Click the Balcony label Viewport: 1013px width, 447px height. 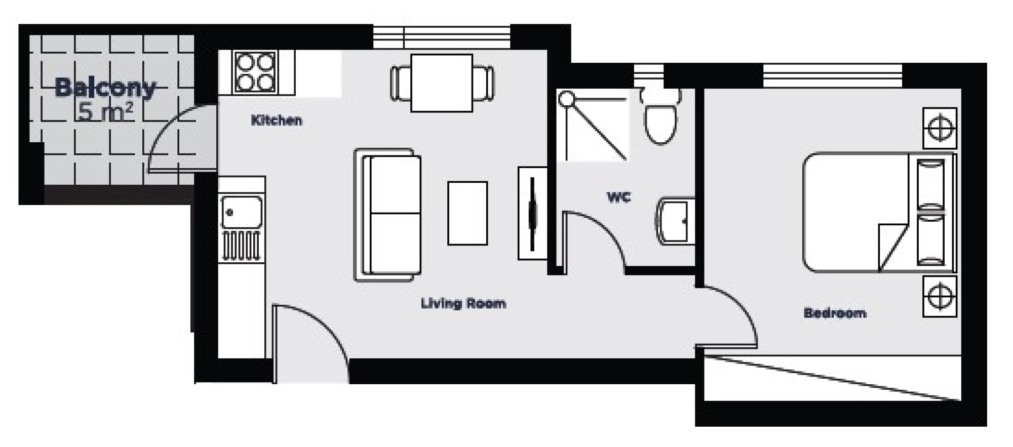tap(105, 88)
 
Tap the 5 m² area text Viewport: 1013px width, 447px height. tap(105, 112)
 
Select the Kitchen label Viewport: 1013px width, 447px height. tap(277, 120)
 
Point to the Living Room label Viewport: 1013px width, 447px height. tap(463, 304)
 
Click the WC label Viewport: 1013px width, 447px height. tap(619, 197)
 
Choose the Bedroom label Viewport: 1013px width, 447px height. tap(835, 313)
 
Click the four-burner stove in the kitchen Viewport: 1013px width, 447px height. tap(256, 72)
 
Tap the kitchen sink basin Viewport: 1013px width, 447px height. tap(242, 212)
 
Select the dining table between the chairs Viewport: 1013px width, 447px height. tap(442, 83)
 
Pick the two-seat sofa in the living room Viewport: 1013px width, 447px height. tap(388, 215)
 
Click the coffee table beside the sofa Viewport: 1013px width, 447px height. tap(467, 213)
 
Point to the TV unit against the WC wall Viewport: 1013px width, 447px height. tap(532, 213)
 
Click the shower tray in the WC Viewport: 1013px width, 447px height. tap(593, 126)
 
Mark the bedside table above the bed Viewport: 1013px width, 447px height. tap(940, 128)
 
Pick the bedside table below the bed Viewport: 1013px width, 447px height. tap(940, 297)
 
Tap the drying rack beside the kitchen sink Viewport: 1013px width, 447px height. tap(241, 246)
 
